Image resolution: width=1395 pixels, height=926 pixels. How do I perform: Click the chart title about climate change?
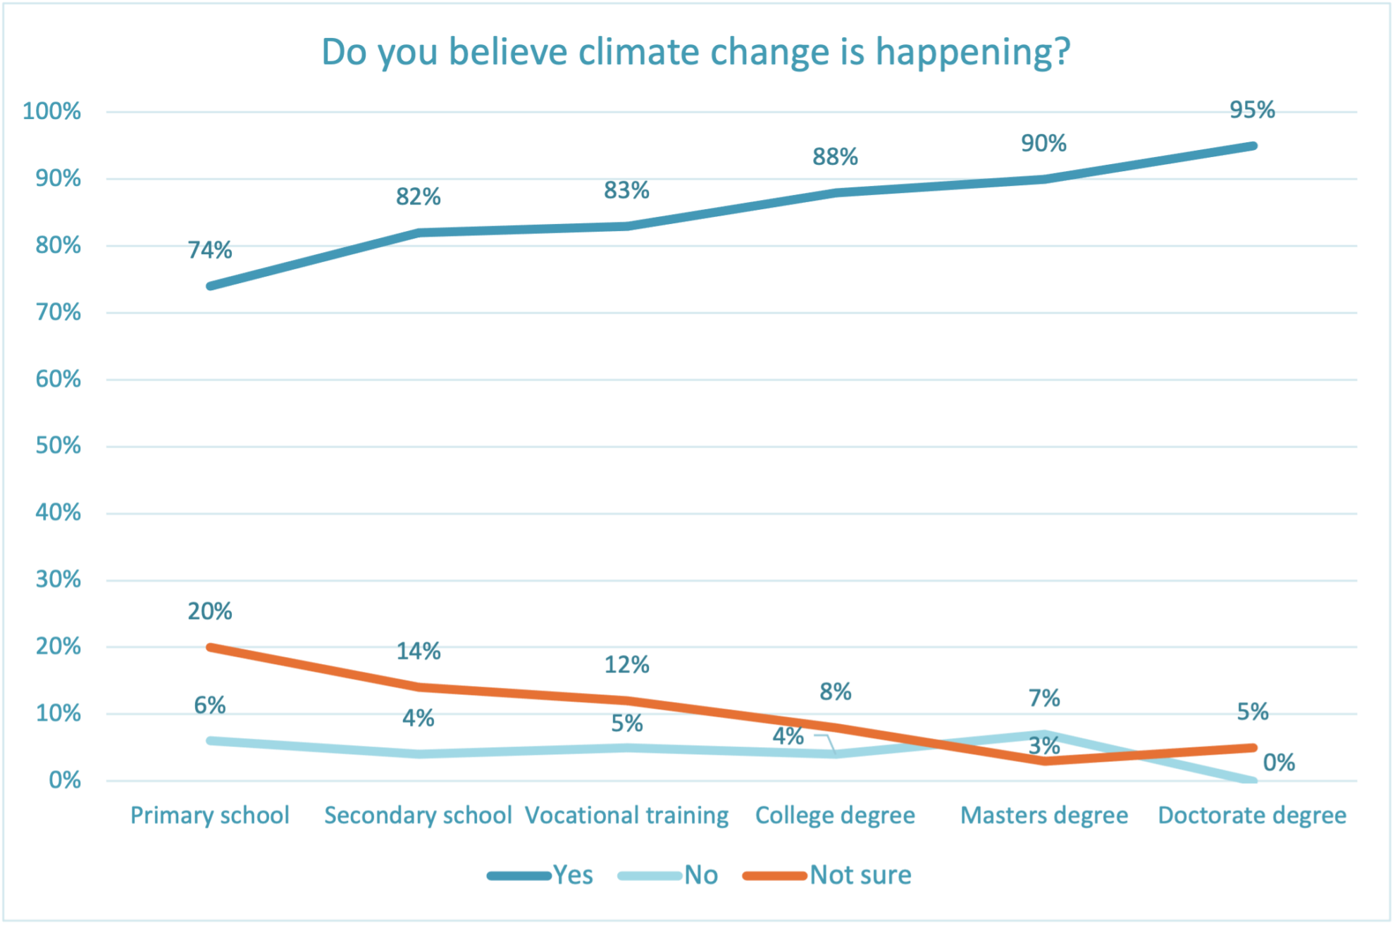tap(695, 52)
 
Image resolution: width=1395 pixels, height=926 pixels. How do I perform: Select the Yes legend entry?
tap(572, 875)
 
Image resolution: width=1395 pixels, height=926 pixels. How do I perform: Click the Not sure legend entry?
tap(860, 875)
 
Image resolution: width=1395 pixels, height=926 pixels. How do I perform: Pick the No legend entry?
tap(700, 875)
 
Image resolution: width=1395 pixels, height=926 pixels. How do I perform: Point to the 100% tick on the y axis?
tap(52, 111)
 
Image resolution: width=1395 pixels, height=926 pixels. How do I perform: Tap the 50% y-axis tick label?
tap(58, 446)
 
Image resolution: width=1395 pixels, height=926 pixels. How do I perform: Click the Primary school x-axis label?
tap(210, 815)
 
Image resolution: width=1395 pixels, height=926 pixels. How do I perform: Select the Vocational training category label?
tap(627, 815)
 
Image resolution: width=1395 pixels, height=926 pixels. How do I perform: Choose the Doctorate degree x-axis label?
tap(1252, 815)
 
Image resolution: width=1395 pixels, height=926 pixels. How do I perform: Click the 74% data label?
tap(210, 250)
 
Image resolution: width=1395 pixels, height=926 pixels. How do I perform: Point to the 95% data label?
tap(1252, 110)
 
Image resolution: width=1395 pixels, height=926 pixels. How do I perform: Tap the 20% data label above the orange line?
tap(210, 611)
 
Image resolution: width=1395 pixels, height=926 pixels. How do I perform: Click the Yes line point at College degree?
tap(836, 192)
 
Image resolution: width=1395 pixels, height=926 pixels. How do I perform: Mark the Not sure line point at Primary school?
tap(211, 647)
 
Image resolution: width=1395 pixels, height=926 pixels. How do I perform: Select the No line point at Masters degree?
tap(1044, 734)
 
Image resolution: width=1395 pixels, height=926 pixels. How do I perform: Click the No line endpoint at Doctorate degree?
tap(1253, 780)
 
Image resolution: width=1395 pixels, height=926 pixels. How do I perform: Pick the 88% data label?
tap(835, 156)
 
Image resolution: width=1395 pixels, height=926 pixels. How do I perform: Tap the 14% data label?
tap(418, 651)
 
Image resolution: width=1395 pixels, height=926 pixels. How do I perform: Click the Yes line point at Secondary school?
tap(419, 232)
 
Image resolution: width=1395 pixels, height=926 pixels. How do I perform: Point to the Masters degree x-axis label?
tap(1044, 815)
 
